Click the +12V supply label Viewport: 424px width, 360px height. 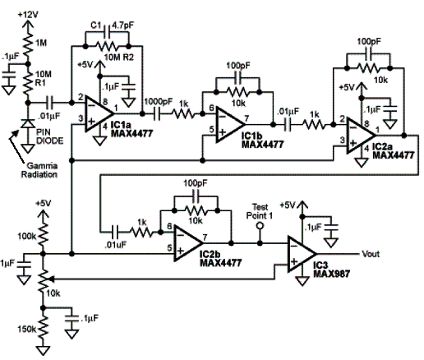point(28,15)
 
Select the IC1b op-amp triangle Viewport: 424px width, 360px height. point(230,125)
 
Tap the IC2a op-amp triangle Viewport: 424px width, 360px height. point(361,136)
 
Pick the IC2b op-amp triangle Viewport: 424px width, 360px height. point(189,243)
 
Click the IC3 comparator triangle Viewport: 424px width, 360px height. point(302,254)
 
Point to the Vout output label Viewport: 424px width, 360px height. point(371,254)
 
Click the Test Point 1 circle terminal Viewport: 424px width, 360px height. point(260,226)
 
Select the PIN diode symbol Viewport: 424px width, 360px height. point(28,124)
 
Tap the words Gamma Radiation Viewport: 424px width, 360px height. point(39,170)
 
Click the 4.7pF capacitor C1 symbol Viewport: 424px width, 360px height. point(108,32)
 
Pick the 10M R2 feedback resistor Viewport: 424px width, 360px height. point(107,46)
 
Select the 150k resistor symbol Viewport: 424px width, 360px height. point(43,328)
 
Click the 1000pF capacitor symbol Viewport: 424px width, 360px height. point(157,113)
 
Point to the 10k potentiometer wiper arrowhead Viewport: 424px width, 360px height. point(50,279)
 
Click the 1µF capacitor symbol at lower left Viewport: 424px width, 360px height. point(24,265)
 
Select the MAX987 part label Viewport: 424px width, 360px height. point(331,274)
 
